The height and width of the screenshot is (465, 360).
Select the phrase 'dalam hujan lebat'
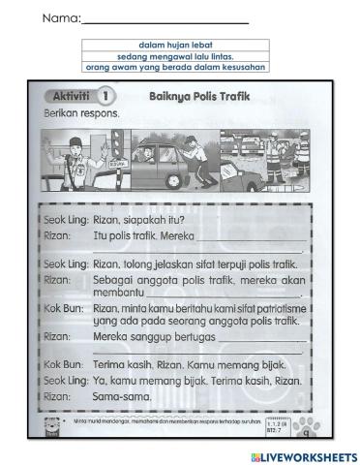[x=175, y=46]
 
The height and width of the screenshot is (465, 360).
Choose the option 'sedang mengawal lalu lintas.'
[x=175, y=57]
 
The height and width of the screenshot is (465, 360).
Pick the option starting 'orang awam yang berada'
[x=175, y=68]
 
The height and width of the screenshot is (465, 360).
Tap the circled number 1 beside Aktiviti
[x=105, y=97]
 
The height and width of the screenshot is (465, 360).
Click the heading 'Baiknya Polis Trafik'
[x=194, y=97]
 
